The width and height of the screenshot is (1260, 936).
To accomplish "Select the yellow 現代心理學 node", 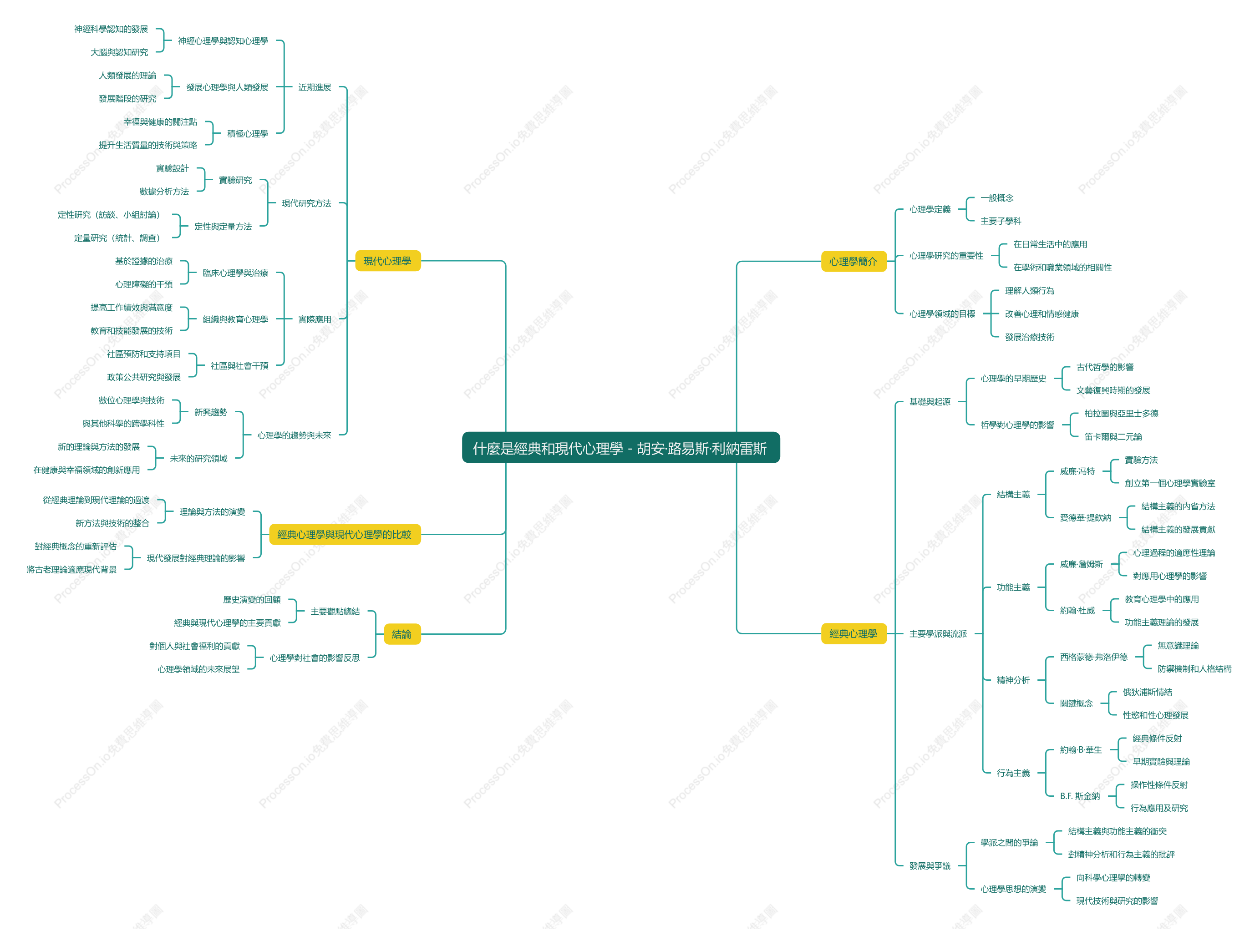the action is (x=388, y=261).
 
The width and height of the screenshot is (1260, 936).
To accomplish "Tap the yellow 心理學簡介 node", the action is (x=853, y=261).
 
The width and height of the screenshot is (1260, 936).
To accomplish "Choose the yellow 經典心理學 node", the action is (x=853, y=633).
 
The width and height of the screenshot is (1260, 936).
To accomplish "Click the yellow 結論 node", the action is (x=402, y=634).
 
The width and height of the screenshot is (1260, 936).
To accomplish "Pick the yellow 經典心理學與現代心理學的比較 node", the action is (x=345, y=534).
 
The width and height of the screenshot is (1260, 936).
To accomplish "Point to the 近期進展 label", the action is (x=315, y=87).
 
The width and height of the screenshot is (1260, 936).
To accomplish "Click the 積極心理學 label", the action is (x=248, y=134).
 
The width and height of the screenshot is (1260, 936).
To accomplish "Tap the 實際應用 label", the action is (x=315, y=319).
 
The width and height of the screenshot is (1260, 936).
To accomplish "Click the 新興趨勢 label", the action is (x=211, y=412).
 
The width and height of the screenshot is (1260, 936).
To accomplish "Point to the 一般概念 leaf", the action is (x=997, y=198).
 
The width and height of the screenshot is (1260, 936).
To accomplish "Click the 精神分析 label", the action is (x=1013, y=680).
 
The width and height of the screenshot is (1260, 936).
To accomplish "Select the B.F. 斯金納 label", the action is (x=1080, y=796).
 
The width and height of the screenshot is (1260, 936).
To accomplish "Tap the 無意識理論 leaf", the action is (x=1178, y=646).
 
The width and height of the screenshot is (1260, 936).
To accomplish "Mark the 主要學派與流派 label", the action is (x=938, y=634).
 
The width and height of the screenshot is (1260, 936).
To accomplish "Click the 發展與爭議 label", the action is (x=930, y=866).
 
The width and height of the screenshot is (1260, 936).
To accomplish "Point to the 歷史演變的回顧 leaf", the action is (x=252, y=599).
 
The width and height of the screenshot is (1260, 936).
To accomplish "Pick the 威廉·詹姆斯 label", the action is (x=1082, y=564).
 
